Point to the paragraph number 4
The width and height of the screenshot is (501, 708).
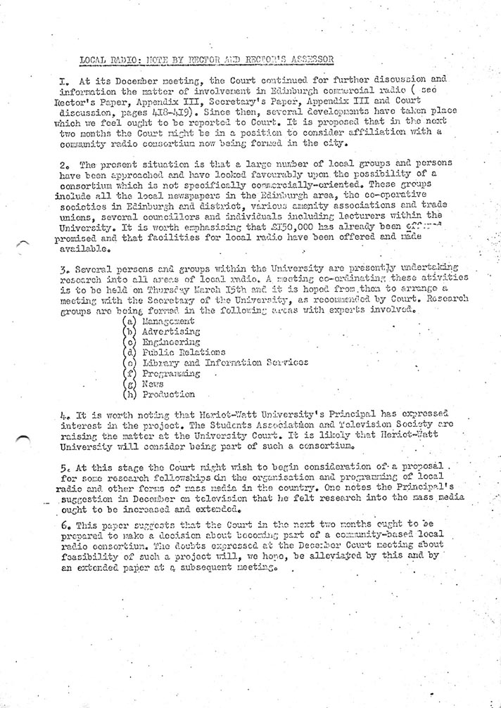coord(83,414)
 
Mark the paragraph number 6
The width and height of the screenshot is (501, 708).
coord(83,525)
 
